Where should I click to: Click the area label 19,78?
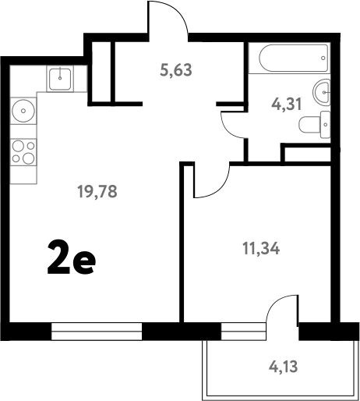coord(97,191)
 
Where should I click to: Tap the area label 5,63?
coord(175,69)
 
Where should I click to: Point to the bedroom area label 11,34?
coord(260,250)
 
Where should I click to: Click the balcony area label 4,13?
coord(284,364)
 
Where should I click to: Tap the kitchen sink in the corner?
coord(60,77)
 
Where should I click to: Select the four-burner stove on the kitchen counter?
coord(23,152)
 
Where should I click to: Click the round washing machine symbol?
coord(24,112)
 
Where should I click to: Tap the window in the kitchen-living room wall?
coord(97,331)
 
